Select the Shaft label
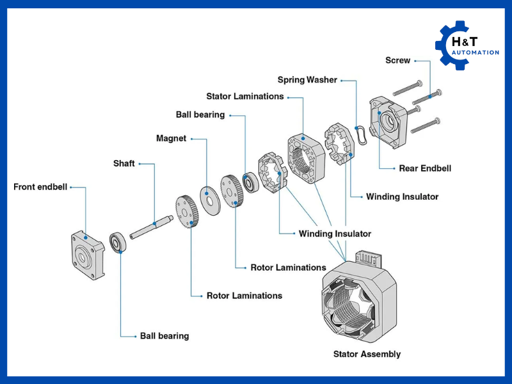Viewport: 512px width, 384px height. (x=124, y=163)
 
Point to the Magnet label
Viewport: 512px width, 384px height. (x=171, y=138)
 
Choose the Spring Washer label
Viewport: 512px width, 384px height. (x=307, y=80)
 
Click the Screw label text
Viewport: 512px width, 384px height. (x=397, y=61)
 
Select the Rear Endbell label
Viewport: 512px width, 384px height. (x=425, y=168)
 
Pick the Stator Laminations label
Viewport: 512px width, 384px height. (x=244, y=96)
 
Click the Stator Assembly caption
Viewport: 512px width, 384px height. (x=367, y=354)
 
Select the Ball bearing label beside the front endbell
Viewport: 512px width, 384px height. (x=164, y=335)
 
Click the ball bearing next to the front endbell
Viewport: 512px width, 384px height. (x=118, y=243)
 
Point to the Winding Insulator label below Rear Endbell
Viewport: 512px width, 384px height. (x=402, y=196)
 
